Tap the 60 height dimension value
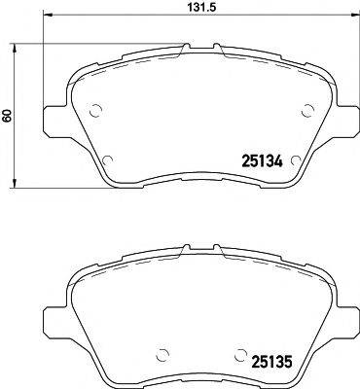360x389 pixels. pos(8,116)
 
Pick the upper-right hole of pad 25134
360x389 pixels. pos(306,110)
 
